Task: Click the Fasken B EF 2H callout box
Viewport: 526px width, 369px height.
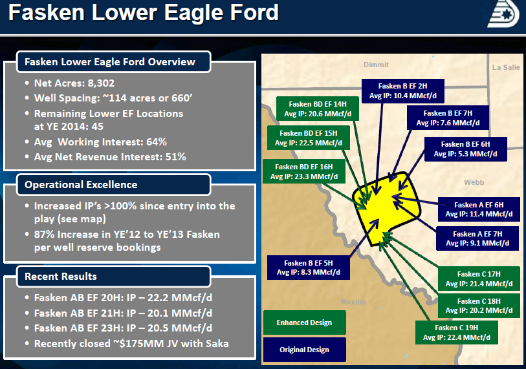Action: (403, 91)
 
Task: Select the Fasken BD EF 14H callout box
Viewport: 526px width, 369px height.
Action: (318, 109)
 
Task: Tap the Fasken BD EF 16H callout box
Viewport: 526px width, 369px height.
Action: (304, 172)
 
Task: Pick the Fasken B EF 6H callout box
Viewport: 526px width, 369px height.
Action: (466, 149)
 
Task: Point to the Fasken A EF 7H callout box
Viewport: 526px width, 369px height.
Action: (477, 238)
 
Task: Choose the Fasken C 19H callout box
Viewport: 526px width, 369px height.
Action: (457, 332)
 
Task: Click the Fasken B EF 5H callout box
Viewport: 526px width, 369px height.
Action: (308, 268)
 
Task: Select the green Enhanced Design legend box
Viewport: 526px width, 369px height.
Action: (304, 322)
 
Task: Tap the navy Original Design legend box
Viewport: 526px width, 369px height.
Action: (304, 350)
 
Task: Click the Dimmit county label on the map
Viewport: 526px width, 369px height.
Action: (376, 65)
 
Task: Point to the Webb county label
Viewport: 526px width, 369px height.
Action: (474, 182)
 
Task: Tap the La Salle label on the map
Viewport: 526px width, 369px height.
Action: (506, 67)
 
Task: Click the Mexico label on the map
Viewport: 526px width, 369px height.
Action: (353, 302)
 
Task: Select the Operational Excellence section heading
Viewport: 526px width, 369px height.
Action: (81, 185)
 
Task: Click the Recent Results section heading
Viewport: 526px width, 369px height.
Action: (61, 277)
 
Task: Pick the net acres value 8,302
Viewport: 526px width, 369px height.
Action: (101, 83)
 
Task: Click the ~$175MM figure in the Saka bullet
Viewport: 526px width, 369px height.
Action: (138, 344)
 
